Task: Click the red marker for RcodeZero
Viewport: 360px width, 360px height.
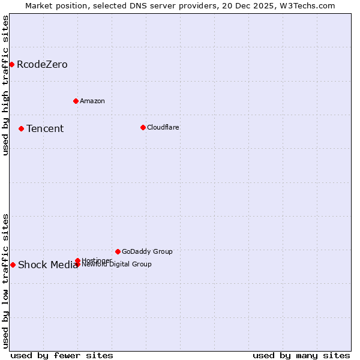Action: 11,64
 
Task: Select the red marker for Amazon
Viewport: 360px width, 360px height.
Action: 76,101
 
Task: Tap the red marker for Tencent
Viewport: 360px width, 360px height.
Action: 21,128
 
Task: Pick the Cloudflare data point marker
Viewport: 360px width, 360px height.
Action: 143,127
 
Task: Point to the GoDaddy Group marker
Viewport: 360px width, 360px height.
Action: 118,251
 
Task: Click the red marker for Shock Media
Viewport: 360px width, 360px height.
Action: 13,265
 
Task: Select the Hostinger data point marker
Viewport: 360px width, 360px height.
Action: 77,260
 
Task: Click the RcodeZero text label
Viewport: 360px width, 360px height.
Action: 42,64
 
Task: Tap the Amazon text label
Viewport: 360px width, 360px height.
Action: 92,101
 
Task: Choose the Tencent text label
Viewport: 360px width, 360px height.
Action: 45,128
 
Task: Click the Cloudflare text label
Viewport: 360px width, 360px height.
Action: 163,127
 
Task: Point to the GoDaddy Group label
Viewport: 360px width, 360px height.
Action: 147,251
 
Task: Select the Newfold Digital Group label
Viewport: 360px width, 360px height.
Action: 117,265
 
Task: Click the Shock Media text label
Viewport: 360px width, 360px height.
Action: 48,265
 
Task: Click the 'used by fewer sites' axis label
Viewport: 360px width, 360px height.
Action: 62,355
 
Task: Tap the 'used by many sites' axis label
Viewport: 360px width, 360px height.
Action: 301,355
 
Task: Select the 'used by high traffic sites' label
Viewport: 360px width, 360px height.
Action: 5,85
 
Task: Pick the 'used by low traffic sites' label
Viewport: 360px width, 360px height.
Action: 5,280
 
